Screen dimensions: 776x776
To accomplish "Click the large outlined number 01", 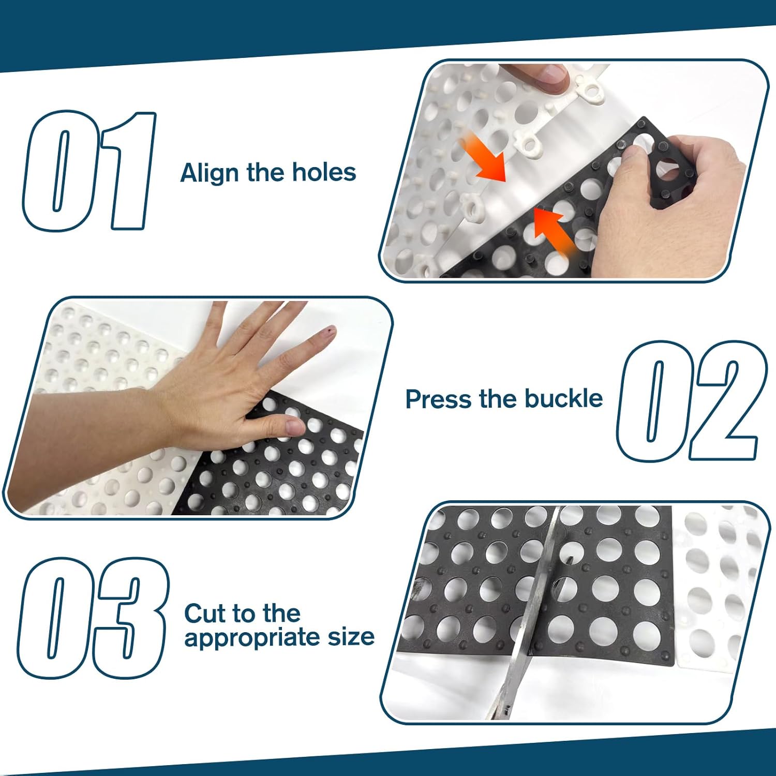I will coord(89,171).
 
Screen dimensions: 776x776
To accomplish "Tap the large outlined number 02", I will coord(688,401).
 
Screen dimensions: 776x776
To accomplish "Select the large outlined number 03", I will coord(93,618).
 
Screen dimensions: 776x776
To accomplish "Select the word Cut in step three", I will coord(205,614).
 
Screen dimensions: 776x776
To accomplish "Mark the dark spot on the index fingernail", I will coord(327,329).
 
